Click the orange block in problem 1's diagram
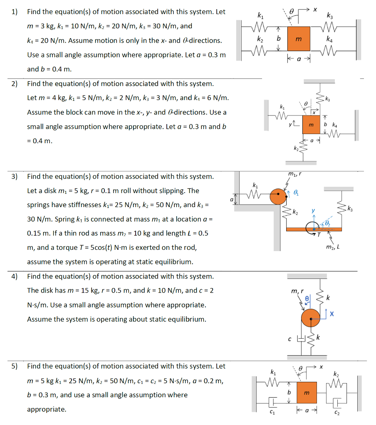[298, 39]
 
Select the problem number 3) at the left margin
[15, 176]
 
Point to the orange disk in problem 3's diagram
[278, 196]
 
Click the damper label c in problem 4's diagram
[290, 340]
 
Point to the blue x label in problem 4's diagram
[331, 315]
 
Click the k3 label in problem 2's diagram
[328, 99]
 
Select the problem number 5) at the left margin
[15, 366]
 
